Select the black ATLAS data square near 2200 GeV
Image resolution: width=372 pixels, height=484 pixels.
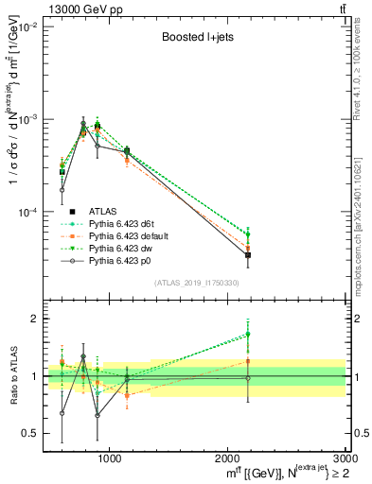(x=248, y=255)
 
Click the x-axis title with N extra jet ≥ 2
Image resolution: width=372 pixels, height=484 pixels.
(x=281, y=473)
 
